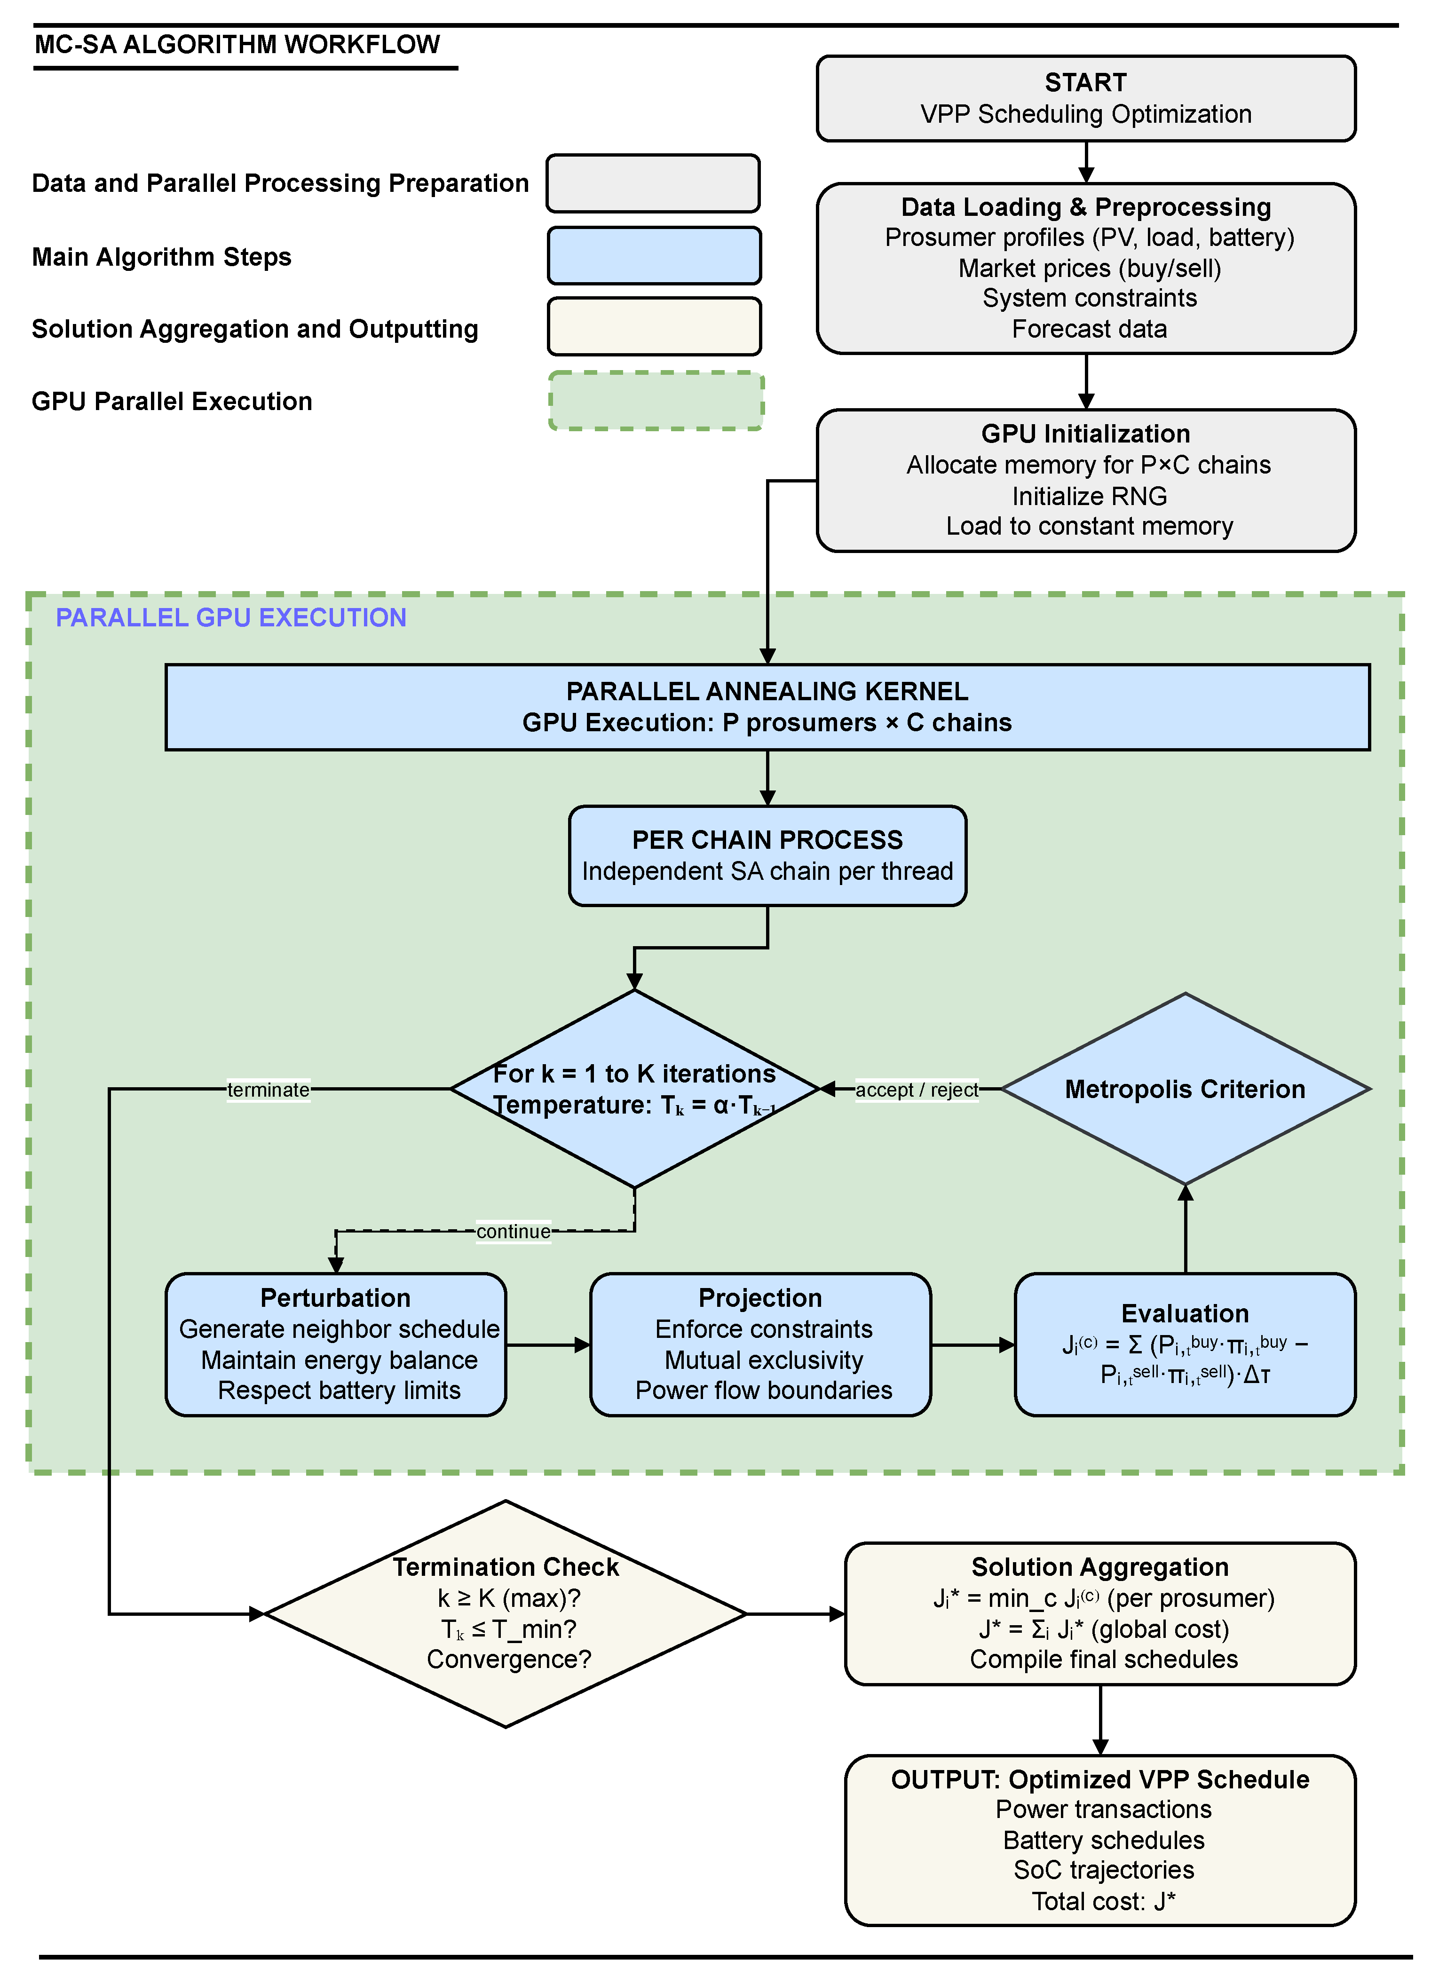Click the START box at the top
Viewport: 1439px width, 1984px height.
[1085, 98]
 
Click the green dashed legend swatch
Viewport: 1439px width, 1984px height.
[656, 401]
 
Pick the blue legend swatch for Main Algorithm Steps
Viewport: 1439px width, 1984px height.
[654, 255]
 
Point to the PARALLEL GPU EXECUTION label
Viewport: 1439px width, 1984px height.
[231, 617]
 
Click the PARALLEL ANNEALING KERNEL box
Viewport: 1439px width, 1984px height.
[767, 707]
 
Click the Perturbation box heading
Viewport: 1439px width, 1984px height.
[335, 1297]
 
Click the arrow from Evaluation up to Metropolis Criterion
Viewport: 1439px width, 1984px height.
[1186, 1229]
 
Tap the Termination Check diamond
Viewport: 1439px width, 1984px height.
[506, 1614]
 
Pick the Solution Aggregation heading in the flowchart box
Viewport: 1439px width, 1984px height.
[1099, 1567]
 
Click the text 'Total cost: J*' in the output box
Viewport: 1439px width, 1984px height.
[1103, 1901]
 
